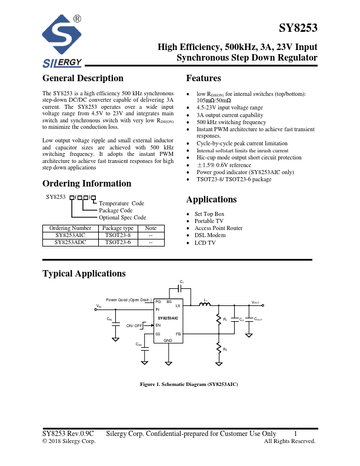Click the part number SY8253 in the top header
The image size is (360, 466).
coord(298,29)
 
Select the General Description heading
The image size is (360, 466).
coord(83,78)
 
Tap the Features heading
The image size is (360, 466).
coord(204,78)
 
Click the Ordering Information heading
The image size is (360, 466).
coord(86,184)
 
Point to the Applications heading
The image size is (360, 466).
coord(211,199)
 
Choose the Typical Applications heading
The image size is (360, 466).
coord(84,274)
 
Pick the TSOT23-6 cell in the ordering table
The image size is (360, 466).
coord(118,241)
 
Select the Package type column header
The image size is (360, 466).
coord(118,228)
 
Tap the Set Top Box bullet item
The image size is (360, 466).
coord(210,214)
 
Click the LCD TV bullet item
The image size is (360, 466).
coord(205,242)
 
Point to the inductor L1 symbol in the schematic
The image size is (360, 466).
coord(205,305)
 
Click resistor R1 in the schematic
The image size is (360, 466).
coord(218,320)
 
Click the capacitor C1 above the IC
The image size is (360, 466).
coord(182,288)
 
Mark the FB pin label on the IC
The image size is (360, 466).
coord(178,334)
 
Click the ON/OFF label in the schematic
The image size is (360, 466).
coord(134,325)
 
